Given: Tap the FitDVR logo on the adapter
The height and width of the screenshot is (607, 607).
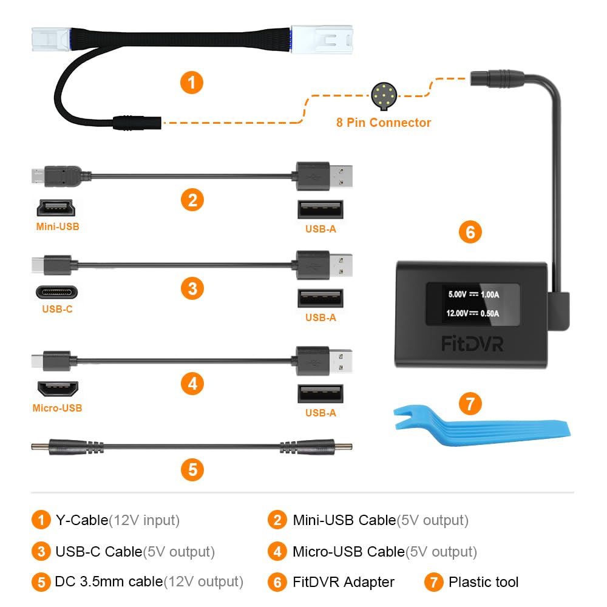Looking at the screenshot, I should [472, 344].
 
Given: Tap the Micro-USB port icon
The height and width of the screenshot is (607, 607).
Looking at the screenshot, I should [57, 388].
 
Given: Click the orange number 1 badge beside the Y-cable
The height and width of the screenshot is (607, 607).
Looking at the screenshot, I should [192, 82].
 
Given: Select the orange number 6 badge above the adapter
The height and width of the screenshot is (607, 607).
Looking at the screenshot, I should [470, 231].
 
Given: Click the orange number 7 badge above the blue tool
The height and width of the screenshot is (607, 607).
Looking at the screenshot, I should [470, 403].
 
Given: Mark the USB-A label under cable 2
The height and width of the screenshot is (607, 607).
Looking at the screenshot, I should [320, 229].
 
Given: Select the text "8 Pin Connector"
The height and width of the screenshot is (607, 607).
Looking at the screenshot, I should [384, 123].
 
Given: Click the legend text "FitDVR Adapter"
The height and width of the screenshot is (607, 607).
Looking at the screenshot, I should [344, 582].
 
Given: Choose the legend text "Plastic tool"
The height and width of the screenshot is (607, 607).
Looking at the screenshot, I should [483, 582].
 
